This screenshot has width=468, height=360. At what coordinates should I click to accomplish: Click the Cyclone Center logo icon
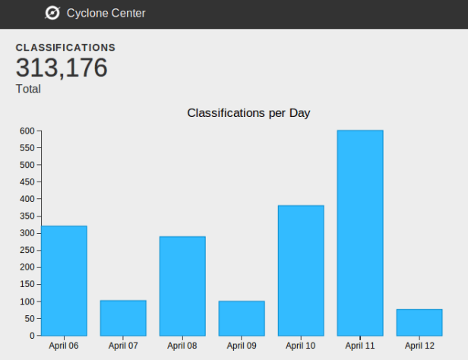pos(52,13)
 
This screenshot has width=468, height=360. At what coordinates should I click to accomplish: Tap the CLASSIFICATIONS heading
pos(65,48)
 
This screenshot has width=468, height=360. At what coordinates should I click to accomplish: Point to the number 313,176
pos(62,68)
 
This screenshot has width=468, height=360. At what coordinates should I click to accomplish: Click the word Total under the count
pos(28,89)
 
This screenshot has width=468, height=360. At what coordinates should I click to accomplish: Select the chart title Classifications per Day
pos(248,113)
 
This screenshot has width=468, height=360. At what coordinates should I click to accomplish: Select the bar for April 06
pos(64,280)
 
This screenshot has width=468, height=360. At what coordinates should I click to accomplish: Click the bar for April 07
pos(123,317)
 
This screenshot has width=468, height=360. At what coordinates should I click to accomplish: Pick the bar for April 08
pos(182,286)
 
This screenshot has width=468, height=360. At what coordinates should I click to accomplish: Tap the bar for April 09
pos(242,318)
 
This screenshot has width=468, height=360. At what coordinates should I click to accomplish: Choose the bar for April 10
pos(301,270)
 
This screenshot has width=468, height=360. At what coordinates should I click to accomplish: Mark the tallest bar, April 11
pos(360,232)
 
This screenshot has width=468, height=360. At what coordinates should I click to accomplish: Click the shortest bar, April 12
pos(419,322)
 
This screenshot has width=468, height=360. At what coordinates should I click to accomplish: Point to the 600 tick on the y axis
pos(27,131)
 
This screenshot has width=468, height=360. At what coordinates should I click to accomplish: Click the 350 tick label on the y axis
pos(27,216)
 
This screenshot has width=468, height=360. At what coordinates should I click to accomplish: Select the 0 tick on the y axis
pos(32,336)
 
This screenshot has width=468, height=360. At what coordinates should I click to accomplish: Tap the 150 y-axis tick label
pos(27,284)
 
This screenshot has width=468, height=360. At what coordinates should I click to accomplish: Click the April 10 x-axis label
pos(301,346)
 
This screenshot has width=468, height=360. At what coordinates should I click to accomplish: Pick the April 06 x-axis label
pos(64,346)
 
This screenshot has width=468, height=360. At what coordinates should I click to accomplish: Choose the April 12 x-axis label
pos(419,346)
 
